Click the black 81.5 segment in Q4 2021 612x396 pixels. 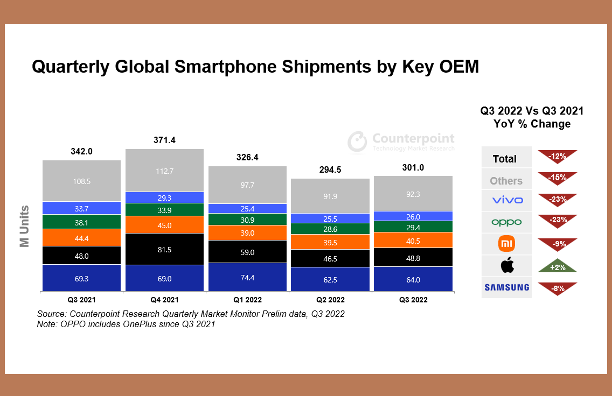pos(164,249)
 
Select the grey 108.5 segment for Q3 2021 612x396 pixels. pos(82,181)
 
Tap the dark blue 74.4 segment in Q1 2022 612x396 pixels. pos(247,277)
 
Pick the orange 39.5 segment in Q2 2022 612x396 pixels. pos(330,242)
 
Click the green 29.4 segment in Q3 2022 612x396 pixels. pos(413,227)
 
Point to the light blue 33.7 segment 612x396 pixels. pos(82,208)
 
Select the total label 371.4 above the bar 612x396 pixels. pos(164,140)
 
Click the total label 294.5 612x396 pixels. pos(330,170)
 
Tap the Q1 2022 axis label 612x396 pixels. pos(247,300)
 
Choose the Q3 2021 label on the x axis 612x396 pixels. pos(82,300)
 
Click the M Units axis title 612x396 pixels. pos(24,226)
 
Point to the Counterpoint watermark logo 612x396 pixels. pos(357,142)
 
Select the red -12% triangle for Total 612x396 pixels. pos(557,157)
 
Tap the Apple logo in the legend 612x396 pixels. pos(506,265)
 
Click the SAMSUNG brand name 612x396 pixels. pos(506,288)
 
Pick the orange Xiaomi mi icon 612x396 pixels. pos(506,244)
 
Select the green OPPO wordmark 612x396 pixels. pos(506,222)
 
